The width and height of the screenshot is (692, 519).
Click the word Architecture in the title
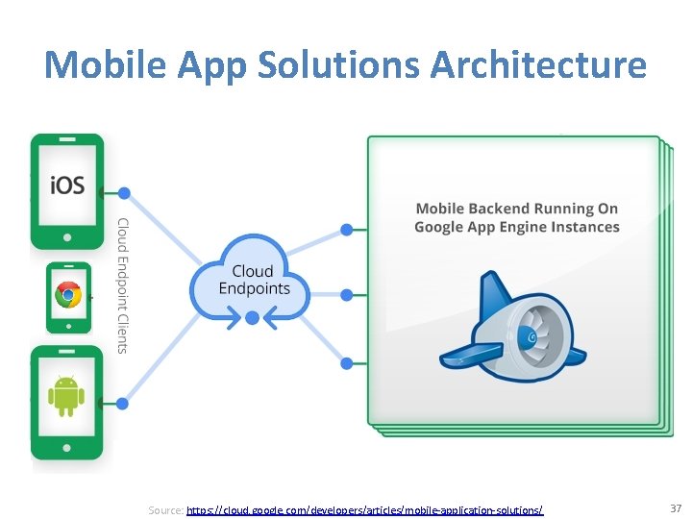tap(539, 66)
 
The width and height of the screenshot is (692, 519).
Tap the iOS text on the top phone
tap(66, 184)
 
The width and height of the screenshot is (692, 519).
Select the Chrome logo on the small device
tap(68, 295)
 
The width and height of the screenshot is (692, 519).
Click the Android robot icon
tap(66, 395)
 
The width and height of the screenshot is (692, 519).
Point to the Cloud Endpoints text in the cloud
tap(254, 280)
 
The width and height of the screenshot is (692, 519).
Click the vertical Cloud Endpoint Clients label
tap(122, 285)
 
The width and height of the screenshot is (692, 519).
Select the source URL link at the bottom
tap(365, 510)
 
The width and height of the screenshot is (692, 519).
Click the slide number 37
tap(675, 507)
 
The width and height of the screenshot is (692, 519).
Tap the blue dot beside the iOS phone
tap(124, 193)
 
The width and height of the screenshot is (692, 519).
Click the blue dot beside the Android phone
tap(124, 403)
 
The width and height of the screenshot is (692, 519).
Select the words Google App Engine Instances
tap(517, 228)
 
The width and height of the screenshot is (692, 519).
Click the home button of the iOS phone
tap(67, 236)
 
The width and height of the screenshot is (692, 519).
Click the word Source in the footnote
tap(165, 510)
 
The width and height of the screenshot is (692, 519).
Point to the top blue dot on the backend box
tap(347, 230)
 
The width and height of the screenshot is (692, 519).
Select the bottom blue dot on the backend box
tap(347, 363)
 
